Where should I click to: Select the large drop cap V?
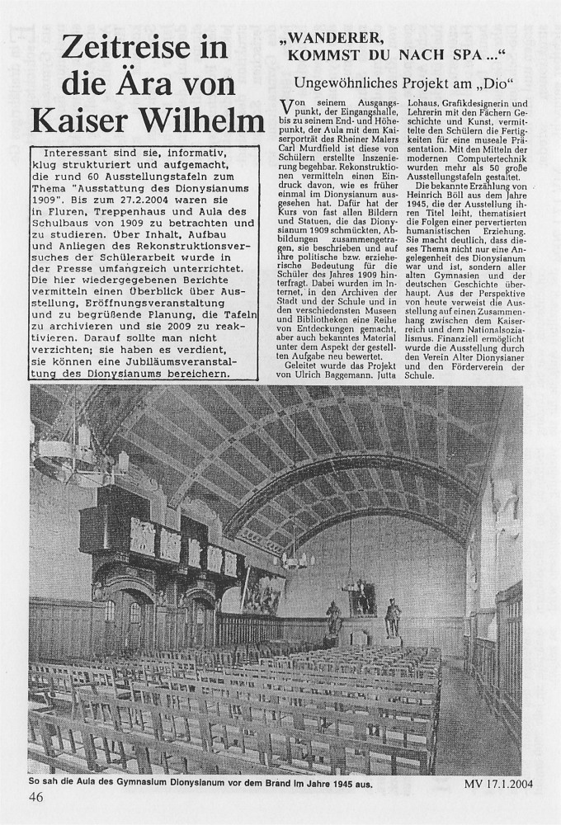[x=289, y=107]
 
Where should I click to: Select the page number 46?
[x=37, y=797]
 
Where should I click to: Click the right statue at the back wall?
[x=393, y=617]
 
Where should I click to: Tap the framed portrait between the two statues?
[x=363, y=597]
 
